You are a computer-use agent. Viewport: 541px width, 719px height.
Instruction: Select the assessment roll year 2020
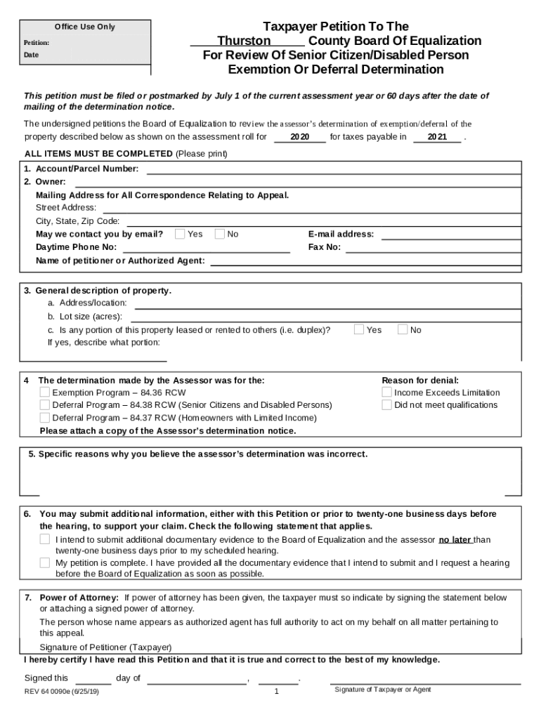(x=300, y=137)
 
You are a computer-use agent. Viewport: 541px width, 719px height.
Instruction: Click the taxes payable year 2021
(x=437, y=137)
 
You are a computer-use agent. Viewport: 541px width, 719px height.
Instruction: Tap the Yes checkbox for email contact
(x=180, y=234)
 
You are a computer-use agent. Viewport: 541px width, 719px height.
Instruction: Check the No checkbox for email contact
(x=220, y=234)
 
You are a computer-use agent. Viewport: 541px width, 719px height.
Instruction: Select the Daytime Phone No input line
(x=207, y=248)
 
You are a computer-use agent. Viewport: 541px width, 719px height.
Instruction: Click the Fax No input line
(x=432, y=248)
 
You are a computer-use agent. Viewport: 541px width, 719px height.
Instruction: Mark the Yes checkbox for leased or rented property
(x=359, y=329)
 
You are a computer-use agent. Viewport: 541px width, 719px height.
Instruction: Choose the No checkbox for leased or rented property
(x=403, y=329)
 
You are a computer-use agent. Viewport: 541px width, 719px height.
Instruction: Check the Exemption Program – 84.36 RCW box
(x=45, y=393)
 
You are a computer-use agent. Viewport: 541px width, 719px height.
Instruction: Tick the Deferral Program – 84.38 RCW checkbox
(x=45, y=405)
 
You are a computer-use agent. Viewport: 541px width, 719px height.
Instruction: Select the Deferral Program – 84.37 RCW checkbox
(x=45, y=418)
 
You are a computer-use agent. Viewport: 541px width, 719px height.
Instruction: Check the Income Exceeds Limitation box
(x=386, y=393)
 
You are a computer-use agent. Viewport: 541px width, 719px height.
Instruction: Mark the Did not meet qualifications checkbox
(x=386, y=405)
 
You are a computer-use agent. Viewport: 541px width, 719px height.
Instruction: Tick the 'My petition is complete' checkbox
(x=45, y=563)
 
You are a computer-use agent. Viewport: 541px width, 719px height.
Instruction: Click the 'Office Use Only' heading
(x=84, y=27)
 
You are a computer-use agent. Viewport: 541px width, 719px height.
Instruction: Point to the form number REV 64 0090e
(x=61, y=691)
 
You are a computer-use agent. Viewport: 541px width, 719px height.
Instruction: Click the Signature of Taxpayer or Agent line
(x=425, y=681)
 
